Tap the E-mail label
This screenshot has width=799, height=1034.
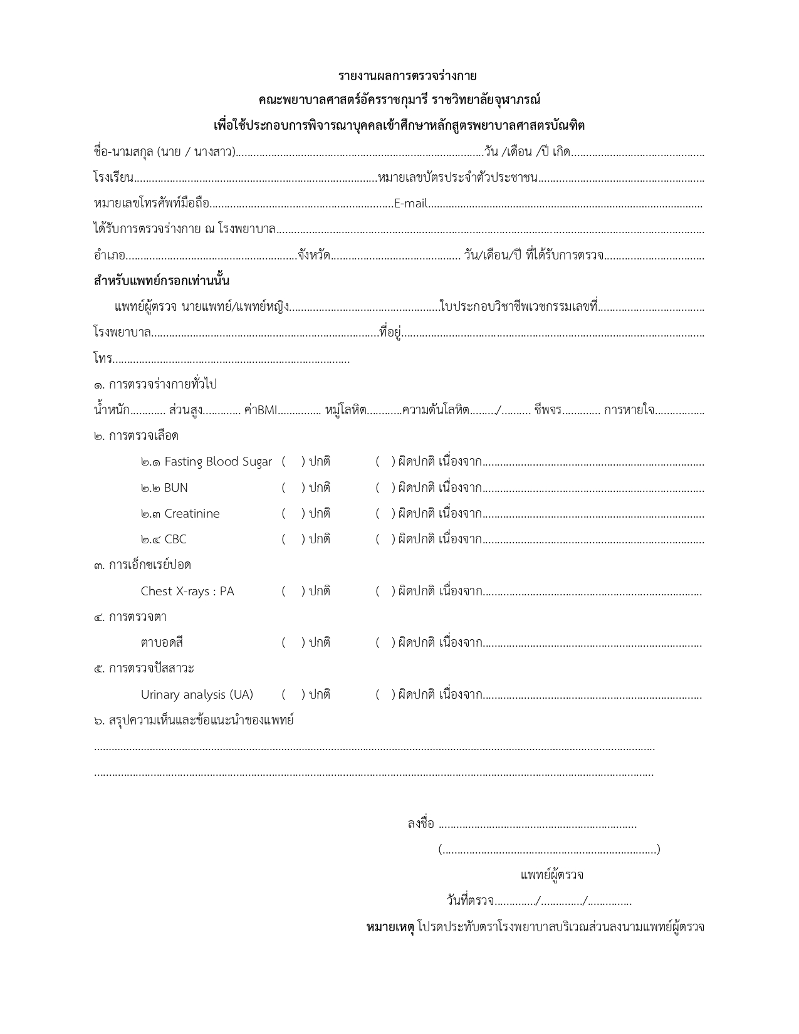pos(410,204)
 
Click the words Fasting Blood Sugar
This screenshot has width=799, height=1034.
pos(218,462)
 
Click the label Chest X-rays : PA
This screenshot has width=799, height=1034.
pos(187,591)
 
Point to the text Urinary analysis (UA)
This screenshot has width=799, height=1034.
pos(197,694)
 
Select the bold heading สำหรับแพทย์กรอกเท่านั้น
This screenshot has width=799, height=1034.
pos(162,281)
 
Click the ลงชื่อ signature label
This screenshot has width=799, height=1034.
pos(420,823)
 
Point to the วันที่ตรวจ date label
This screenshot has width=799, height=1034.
pos(470,901)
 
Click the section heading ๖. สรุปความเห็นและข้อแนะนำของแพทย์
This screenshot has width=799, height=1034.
pos(194,720)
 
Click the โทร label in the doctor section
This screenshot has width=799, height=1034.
pos(103,359)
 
